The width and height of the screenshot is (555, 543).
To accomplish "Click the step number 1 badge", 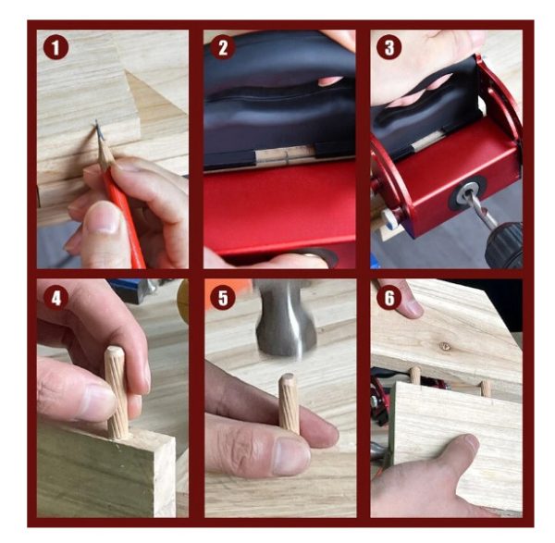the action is (55, 47).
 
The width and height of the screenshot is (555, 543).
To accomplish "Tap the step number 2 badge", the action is (223, 47).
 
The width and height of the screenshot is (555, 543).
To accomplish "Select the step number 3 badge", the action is (389, 47).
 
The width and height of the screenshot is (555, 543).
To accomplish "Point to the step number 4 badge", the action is (55, 298).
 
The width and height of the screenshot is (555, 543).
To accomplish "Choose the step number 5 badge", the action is (223, 298).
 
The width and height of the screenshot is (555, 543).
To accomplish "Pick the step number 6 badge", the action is (389, 298).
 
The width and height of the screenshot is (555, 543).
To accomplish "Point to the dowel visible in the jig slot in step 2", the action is (285, 156).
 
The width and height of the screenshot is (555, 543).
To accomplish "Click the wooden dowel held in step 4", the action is (117, 392).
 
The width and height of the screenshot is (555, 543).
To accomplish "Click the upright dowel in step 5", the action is (290, 403).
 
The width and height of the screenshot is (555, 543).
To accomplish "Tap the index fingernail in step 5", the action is (292, 457).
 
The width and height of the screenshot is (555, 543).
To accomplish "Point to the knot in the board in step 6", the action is (446, 345).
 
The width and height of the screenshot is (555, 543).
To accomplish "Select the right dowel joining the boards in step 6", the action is (486, 389).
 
